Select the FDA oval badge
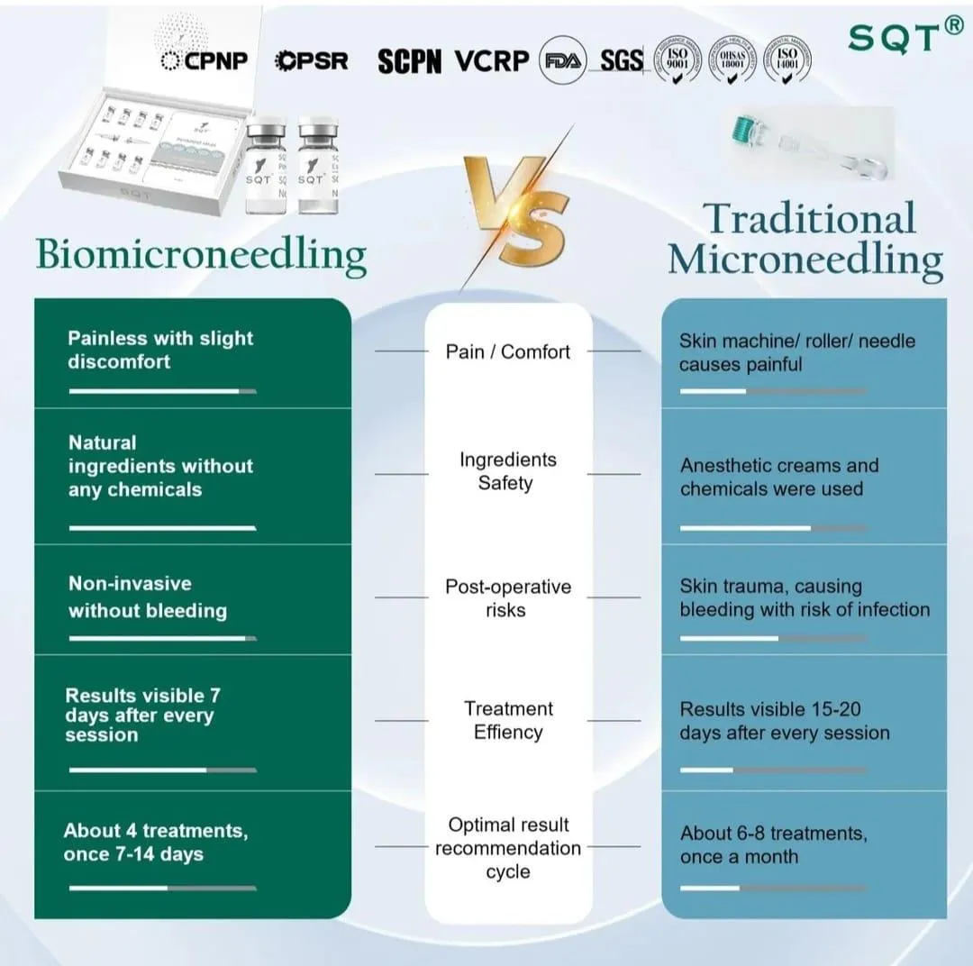coord(562,60)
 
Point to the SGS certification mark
coord(622,60)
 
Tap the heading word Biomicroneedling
coord(201,254)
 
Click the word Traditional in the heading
coord(809,219)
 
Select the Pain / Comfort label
coord(508,351)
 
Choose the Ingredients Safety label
coord(508,471)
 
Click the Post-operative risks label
coord(508,598)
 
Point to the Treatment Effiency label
coord(508,720)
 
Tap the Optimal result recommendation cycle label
coord(508,848)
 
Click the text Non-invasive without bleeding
coord(148,597)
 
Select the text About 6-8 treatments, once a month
coord(773,844)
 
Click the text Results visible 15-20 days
coord(784,721)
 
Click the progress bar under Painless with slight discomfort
coord(162,391)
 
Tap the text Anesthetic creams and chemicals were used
coord(778,478)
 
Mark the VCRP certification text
coord(491,60)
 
